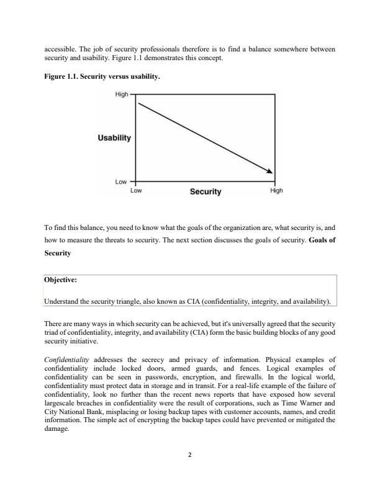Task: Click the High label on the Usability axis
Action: (121, 94)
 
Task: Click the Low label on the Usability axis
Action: (121, 182)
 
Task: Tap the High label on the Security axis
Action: (276, 191)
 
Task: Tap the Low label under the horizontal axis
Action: (136, 191)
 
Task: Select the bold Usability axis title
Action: (114, 138)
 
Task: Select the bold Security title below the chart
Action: (206, 192)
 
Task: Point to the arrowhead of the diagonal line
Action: (270, 172)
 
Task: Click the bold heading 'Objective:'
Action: (60, 280)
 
